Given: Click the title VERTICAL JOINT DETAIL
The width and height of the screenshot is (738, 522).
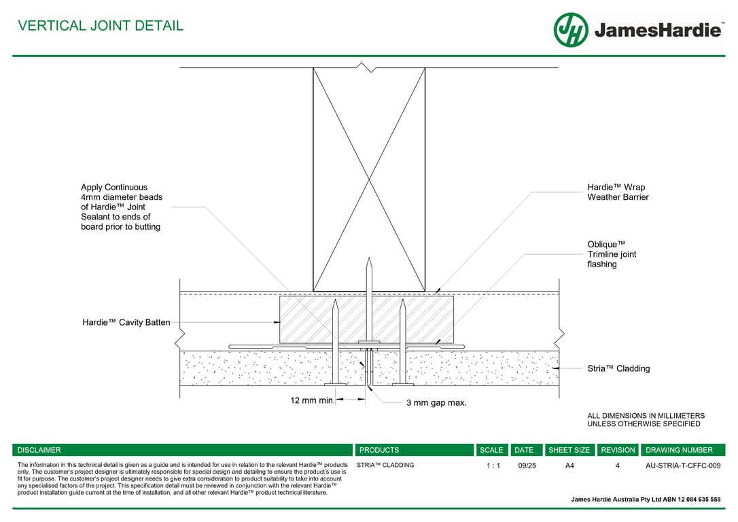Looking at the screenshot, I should tap(101, 26).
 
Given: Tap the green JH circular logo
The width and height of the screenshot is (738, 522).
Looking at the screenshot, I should tap(571, 30).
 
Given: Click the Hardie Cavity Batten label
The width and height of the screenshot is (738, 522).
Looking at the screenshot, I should tap(126, 322).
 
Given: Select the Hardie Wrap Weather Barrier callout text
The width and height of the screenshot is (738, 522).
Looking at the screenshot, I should tap(618, 192).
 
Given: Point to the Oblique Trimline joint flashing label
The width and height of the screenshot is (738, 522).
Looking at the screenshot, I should tap(612, 254).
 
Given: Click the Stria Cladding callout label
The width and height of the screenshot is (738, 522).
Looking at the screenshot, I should tap(618, 368).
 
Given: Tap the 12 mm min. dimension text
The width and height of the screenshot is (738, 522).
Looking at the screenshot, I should tap(313, 400).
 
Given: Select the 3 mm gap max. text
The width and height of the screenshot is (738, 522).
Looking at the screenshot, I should tap(436, 403).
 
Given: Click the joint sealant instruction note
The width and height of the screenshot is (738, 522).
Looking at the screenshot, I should tap(122, 207).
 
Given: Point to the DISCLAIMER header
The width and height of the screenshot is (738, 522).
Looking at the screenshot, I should tap(39, 450).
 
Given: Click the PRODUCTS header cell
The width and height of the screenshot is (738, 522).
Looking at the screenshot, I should tap(379, 450).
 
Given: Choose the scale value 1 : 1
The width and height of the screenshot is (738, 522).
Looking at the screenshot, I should tap(493, 466).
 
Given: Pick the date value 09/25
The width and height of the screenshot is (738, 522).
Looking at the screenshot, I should tap(527, 466).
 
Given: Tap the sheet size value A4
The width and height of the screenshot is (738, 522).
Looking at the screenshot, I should tap(569, 466).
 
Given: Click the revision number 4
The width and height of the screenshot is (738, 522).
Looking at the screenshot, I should tap(617, 466).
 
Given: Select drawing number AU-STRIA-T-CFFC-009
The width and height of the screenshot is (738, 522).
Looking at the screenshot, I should tap(683, 466).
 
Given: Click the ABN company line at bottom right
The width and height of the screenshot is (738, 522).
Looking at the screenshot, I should tap(646, 499).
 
